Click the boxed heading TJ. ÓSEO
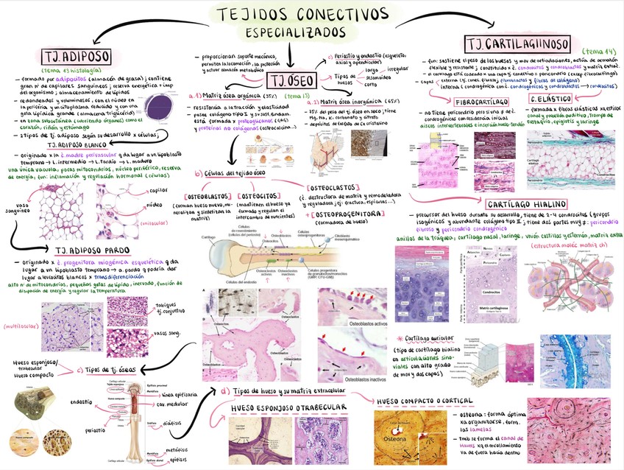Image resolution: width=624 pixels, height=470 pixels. click(293, 81)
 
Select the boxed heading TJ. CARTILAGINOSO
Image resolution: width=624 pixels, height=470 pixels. click(520, 42)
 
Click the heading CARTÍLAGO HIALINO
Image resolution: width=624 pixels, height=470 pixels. click(525, 203)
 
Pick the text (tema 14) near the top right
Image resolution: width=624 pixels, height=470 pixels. click(601, 50)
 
